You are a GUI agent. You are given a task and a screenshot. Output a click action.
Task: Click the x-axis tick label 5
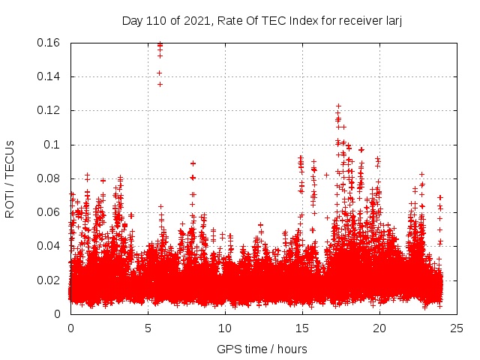[148, 328]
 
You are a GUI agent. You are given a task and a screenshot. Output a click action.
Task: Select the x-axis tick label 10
[225, 328]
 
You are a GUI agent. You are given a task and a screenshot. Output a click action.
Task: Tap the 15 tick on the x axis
[302, 328]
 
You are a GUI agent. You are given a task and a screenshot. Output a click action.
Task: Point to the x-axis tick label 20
[379, 328]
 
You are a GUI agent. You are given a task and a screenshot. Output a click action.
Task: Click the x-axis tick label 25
[457, 328]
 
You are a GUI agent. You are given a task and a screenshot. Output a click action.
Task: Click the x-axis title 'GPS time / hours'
[262, 349]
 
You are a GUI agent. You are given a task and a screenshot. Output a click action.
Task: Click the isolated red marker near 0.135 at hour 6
[160, 84]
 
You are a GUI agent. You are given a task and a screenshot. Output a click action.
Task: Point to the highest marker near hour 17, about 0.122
[338, 106]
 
